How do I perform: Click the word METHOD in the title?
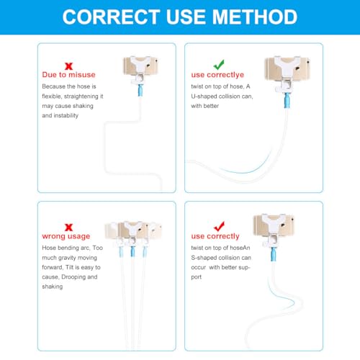[255, 17]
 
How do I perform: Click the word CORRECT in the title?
[111, 17]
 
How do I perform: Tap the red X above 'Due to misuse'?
[68, 66]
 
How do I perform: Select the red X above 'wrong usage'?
[68, 227]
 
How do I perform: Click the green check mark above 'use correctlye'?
[219, 65]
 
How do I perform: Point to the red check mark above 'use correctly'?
[219, 226]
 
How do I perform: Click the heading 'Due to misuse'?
[68, 75]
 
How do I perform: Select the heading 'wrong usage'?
[66, 236]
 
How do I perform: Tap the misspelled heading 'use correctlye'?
[217, 75]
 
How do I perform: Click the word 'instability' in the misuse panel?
[66, 116]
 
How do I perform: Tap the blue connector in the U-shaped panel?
[287, 101]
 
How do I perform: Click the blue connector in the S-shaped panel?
[274, 254]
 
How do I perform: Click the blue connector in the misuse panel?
[140, 90]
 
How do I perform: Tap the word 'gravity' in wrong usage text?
[69, 258]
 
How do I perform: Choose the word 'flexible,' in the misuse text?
[52, 96]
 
